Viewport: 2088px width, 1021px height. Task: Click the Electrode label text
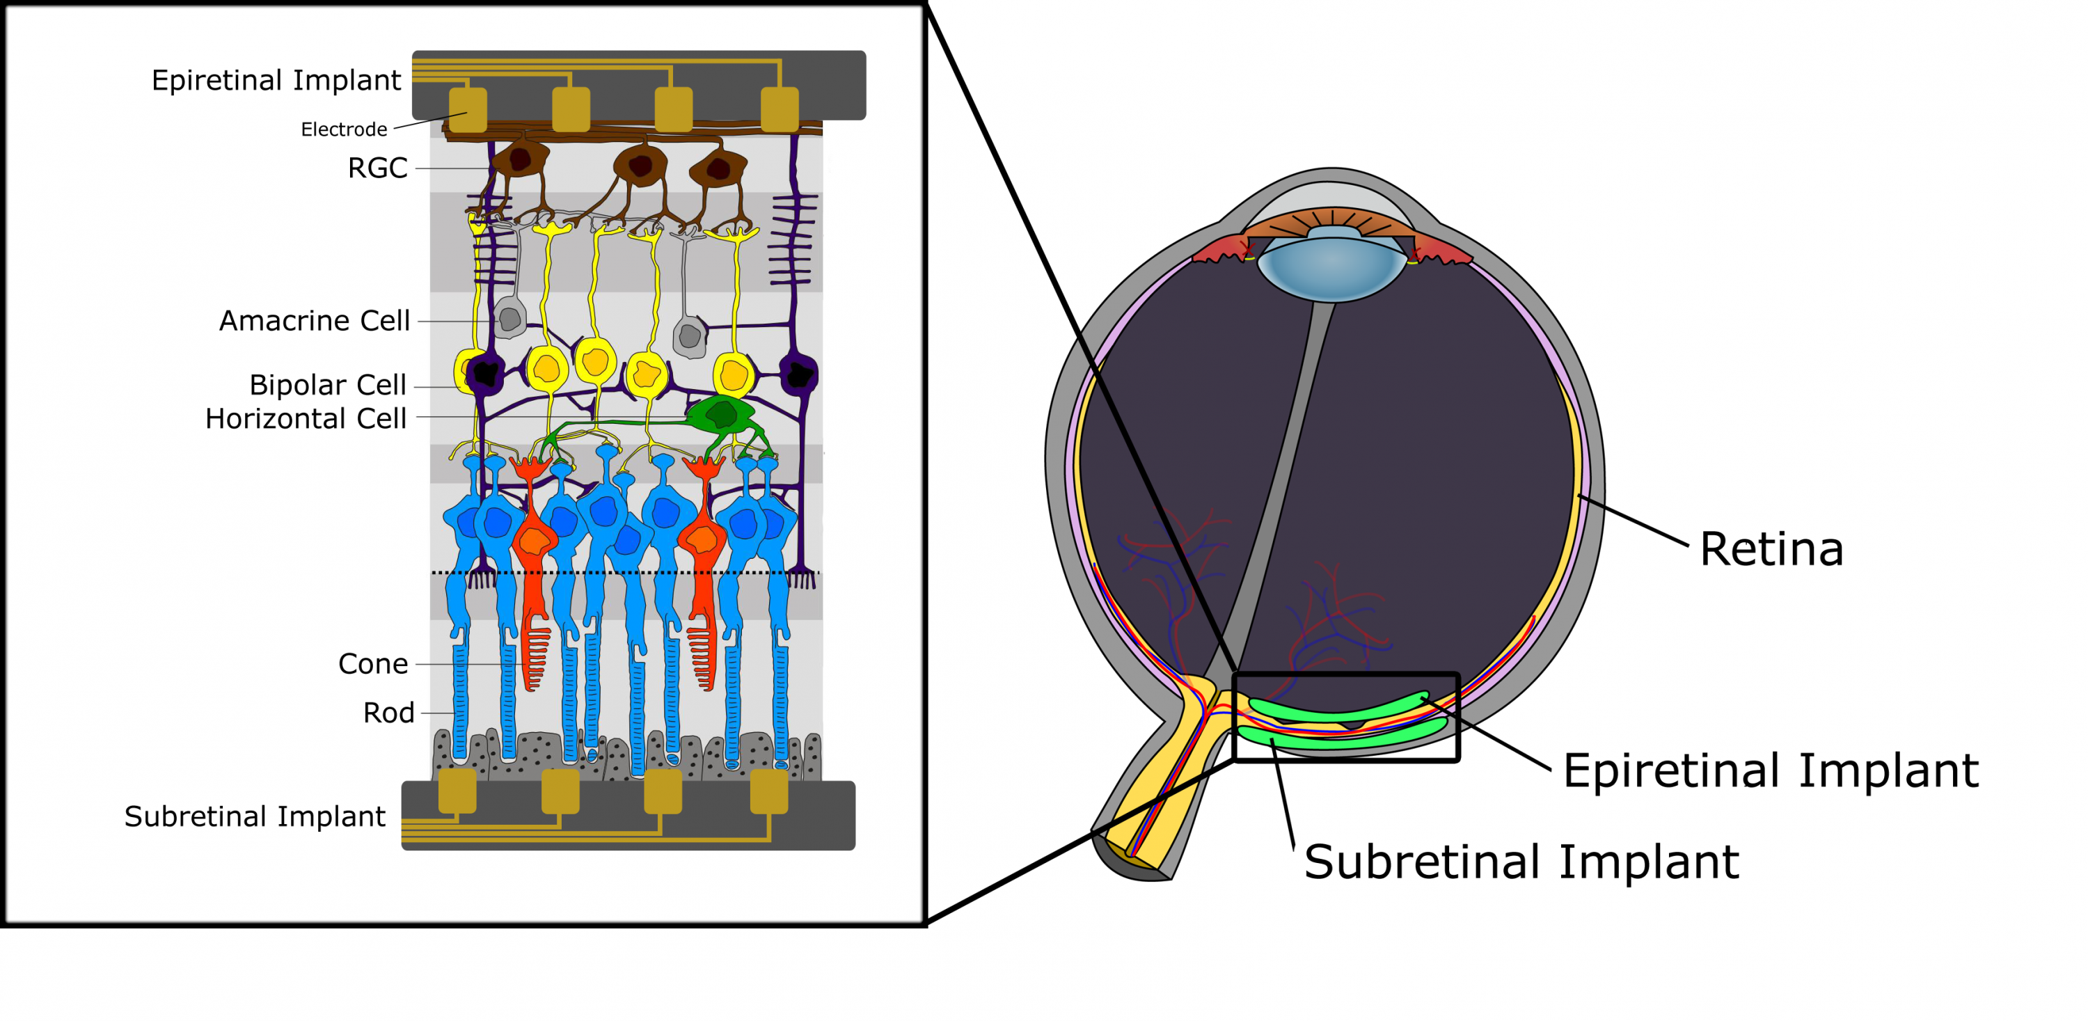point(344,129)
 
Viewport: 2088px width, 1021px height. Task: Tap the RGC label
point(377,168)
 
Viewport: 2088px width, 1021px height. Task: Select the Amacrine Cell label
point(315,321)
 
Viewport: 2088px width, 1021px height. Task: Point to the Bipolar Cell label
point(327,385)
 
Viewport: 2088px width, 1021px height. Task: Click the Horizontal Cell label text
point(306,419)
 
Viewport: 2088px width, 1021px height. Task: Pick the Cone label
point(373,664)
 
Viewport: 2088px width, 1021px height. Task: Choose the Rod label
point(388,713)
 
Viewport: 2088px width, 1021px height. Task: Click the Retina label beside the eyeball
point(1771,549)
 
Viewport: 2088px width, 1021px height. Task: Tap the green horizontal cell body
point(720,415)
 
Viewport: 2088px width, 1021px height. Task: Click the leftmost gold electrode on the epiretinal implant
point(468,109)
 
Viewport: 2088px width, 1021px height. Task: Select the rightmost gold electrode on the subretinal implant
point(768,791)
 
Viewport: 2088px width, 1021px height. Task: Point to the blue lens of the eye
point(1331,263)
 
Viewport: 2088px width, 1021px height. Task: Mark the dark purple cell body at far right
point(799,374)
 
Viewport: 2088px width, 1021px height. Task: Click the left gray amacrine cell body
point(510,319)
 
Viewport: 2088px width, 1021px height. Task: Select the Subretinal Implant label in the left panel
point(255,817)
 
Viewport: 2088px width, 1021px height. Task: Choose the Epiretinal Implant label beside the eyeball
point(1770,770)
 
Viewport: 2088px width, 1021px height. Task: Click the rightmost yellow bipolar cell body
point(734,375)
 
